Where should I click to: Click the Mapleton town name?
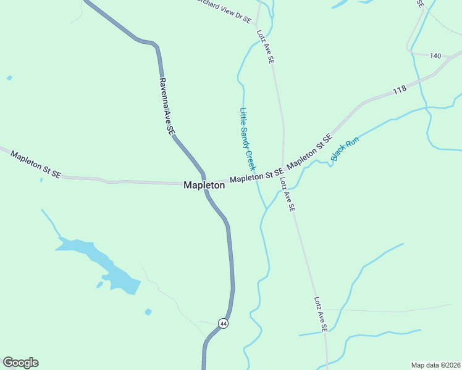pos(204,185)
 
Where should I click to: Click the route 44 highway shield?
pos(224,323)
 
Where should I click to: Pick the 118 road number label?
pos(400,90)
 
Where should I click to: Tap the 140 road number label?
pos(435,56)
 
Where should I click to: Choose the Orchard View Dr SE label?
pos(224,9)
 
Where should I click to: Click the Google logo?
pos(20,363)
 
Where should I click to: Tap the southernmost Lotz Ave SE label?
pos(319,315)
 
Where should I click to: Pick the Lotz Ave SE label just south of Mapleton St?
pos(287,194)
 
